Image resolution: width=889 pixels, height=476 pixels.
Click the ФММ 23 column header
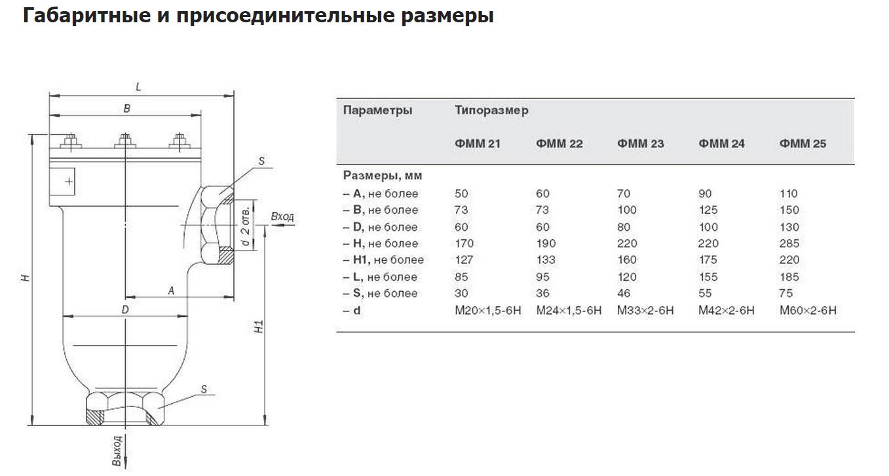(x=640, y=144)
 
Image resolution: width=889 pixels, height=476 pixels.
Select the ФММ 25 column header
(x=803, y=144)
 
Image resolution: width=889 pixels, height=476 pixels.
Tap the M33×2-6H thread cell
(x=645, y=310)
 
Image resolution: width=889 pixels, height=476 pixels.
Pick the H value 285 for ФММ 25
(x=789, y=243)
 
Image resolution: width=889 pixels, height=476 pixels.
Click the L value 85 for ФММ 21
(x=461, y=277)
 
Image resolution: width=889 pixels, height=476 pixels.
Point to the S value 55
(x=705, y=293)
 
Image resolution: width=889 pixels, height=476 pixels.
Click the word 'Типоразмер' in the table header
(x=491, y=110)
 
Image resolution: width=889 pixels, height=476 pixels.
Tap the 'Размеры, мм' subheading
(x=382, y=175)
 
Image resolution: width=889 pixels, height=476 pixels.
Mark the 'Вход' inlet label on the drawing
(x=282, y=216)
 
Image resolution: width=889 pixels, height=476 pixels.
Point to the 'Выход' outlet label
(x=117, y=450)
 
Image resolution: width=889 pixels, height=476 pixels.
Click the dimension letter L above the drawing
(x=138, y=87)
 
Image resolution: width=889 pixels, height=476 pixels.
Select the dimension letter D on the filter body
(x=125, y=309)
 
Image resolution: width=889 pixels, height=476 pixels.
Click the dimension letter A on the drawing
(x=171, y=290)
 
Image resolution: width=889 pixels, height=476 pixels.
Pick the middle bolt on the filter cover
(x=125, y=141)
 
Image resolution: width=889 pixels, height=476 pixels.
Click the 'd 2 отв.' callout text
(x=246, y=226)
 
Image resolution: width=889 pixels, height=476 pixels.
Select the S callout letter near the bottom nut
(x=204, y=389)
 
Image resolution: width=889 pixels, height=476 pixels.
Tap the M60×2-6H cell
(x=808, y=310)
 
